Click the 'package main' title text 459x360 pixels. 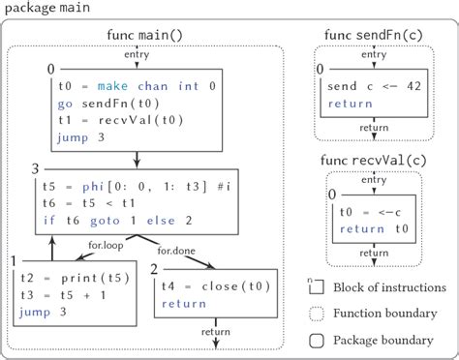coord(46,11)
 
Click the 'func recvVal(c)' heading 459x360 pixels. coord(375,161)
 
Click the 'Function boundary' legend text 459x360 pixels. coord(381,314)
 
